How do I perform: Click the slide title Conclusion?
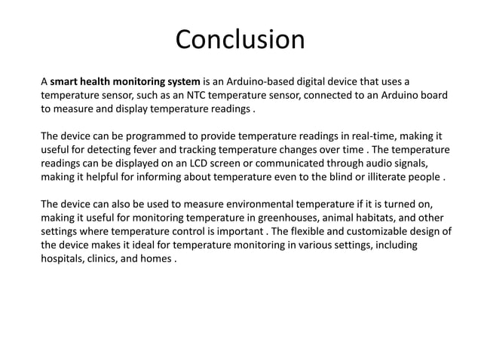(240, 39)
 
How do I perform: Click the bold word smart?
(66, 81)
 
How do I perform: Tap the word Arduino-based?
(297, 81)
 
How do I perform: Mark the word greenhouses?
(286, 218)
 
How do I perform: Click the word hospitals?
(63, 260)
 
